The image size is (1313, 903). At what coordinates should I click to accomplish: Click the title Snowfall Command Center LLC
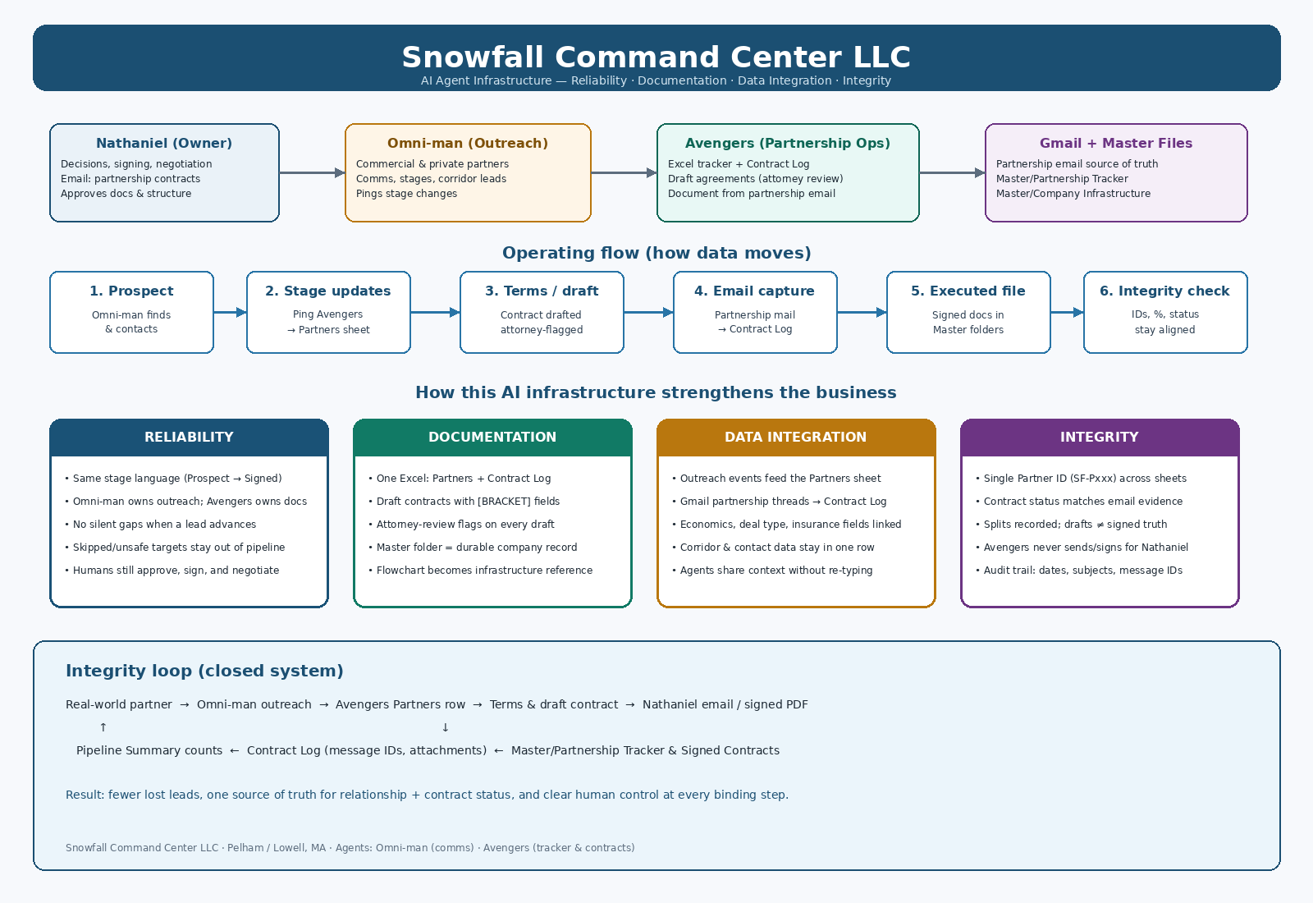click(x=656, y=57)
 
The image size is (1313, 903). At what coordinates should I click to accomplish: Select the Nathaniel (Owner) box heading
click(x=164, y=143)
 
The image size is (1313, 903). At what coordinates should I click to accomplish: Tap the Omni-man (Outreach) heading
click(x=468, y=143)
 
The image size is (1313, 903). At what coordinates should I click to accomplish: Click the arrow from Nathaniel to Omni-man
click(x=312, y=173)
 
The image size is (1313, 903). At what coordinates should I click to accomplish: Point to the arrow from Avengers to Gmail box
click(x=952, y=173)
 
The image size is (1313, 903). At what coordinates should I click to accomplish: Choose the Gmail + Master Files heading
click(x=1116, y=143)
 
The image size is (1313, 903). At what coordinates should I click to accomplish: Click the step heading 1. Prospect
click(x=131, y=291)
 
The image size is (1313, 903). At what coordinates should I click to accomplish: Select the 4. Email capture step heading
click(x=754, y=291)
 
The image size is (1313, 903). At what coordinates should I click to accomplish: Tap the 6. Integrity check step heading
click(x=1164, y=291)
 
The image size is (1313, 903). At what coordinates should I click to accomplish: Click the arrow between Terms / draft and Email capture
click(x=648, y=313)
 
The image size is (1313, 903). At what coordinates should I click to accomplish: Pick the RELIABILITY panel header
click(x=189, y=438)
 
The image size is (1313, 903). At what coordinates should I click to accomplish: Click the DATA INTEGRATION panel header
click(x=796, y=438)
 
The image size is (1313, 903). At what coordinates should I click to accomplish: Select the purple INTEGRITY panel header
click(x=1100, y=438)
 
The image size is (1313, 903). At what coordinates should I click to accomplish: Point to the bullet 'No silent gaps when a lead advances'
click(x=161, y=525)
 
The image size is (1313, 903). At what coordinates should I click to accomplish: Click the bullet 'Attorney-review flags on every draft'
click(x=461, y=525)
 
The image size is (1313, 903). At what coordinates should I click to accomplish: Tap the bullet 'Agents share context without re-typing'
click(x=772, y=570)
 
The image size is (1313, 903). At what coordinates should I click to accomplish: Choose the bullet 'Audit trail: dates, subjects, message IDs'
click(x=1079, y=570)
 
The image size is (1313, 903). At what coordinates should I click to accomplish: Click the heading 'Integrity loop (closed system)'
click(x=204, y=671)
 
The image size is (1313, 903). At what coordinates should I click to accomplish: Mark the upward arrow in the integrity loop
click(x=103, y=727)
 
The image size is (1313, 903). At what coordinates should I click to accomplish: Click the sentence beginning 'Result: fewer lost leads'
click(x=427, y=795)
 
